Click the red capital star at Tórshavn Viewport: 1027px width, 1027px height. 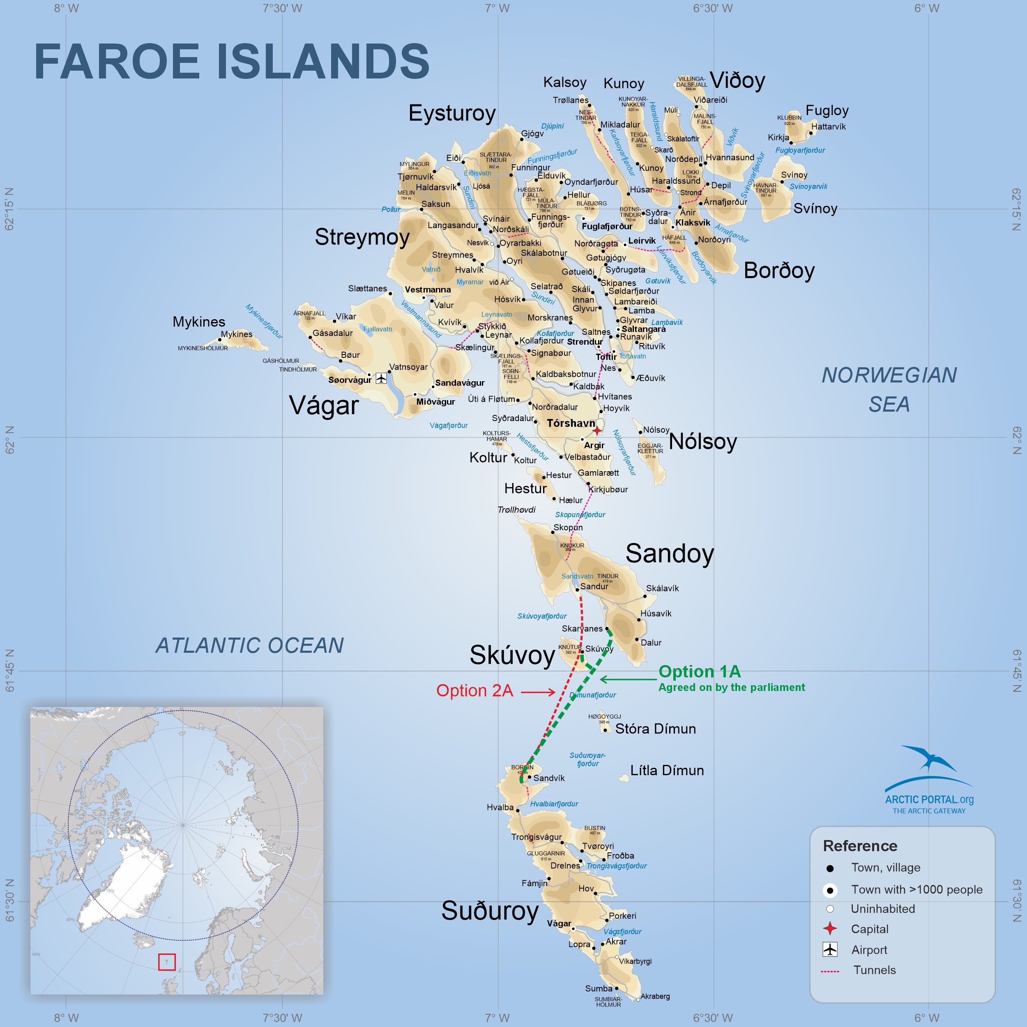597,430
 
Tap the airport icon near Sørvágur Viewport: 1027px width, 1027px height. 381,378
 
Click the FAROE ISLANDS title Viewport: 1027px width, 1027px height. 232,62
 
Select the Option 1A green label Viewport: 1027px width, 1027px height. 699,671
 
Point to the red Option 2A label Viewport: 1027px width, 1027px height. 474,691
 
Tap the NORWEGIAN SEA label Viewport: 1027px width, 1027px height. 889,389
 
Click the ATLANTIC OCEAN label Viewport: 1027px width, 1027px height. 249,645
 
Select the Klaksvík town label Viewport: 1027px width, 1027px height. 693,223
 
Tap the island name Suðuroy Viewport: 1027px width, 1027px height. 490,911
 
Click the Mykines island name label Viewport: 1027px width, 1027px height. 199,322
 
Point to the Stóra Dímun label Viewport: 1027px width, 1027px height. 655,729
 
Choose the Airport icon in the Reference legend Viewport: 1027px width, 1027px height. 830,949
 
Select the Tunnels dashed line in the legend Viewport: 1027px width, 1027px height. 830,971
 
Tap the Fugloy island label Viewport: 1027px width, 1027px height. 827,111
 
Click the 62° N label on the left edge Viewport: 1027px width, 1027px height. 9,440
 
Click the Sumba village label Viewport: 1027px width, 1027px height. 599,988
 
